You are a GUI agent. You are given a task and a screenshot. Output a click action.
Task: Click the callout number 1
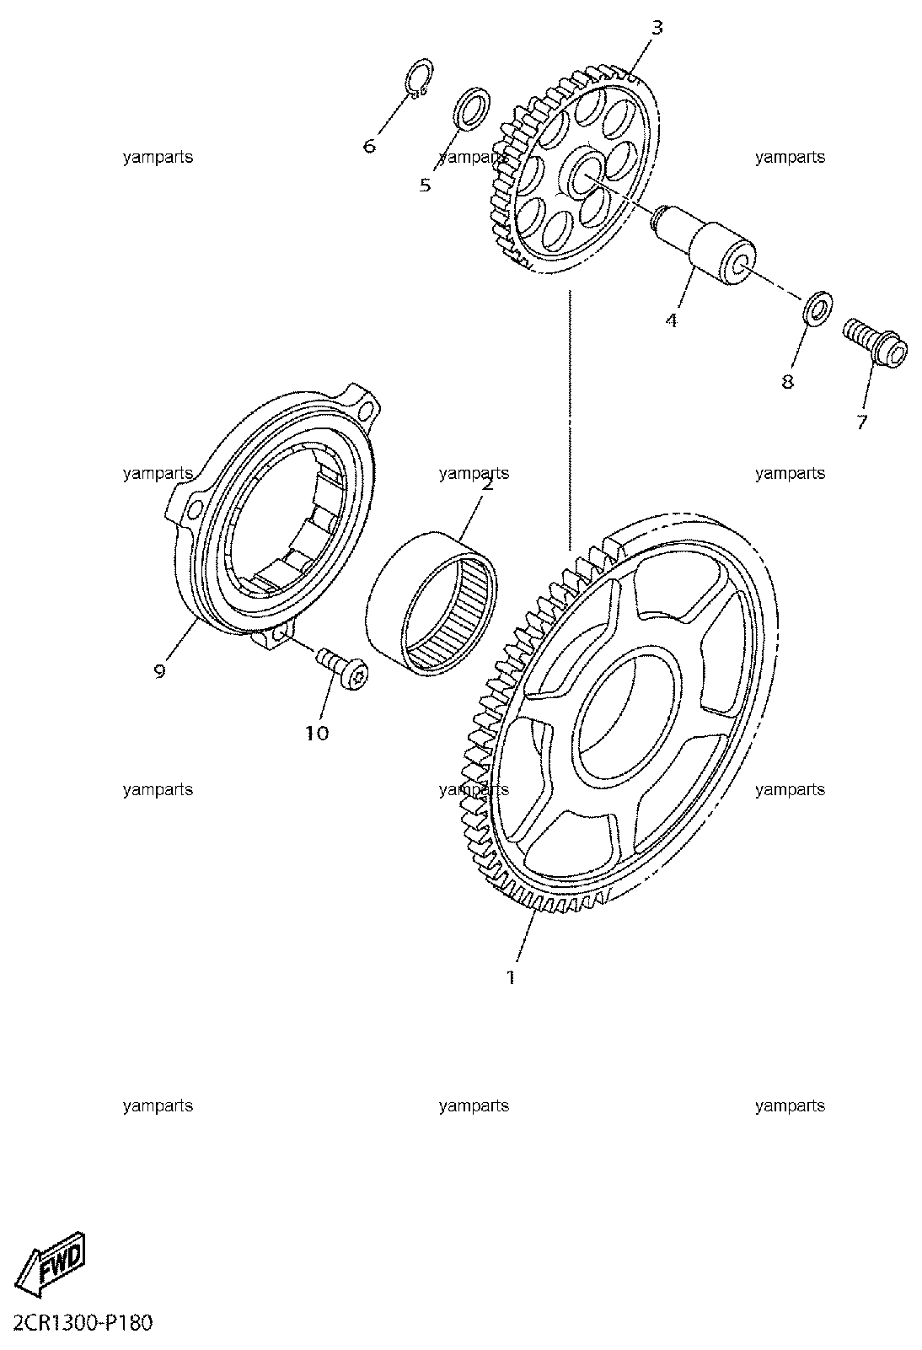pyautogui.click(x=511, y=977)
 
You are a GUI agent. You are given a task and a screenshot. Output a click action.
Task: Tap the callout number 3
pyautogui.click(x=657, y=27)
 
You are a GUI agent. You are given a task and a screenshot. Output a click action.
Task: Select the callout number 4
pyautogui.click(x=672, y=320)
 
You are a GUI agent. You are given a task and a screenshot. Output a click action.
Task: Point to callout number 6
pyautogui.click(x=369, y=145)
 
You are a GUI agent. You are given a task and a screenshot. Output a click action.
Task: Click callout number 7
pyautogui.click(x=862, y=422)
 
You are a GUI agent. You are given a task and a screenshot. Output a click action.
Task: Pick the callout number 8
pyautogui.click(x=788, y=381)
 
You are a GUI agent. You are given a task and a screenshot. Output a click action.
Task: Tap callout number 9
pyautogui.click(x=159, y=670)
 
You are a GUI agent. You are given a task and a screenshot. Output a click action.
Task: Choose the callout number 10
pyautogui.click(x=318, y=733)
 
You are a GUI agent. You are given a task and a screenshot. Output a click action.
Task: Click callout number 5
pyautogui.click(x=425, y=185)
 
